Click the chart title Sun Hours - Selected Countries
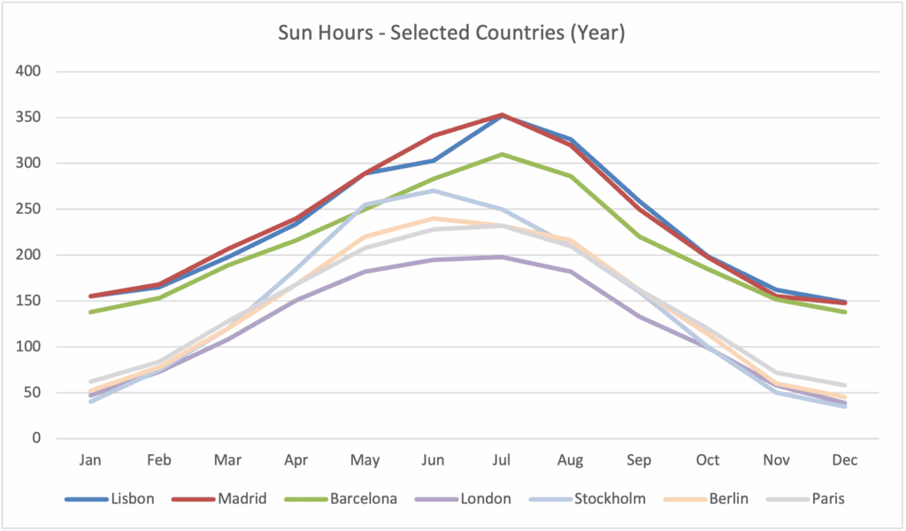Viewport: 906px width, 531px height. (x=451, y=35)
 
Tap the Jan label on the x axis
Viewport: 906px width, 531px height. (x=91, y=460)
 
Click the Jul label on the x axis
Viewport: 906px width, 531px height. (x=502, y=460)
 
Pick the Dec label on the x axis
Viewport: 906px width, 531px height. (x=845, y=460)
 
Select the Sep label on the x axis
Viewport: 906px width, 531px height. (x=639, y=460)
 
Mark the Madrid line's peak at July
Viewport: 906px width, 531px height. (x=502, y=114)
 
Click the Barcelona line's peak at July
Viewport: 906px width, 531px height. (x=502, y=154)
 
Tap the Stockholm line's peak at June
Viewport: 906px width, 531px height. (x=434, y=190)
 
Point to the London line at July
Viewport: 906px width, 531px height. (x=502, y=257)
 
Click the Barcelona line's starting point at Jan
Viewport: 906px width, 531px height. (x=91, y=312)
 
